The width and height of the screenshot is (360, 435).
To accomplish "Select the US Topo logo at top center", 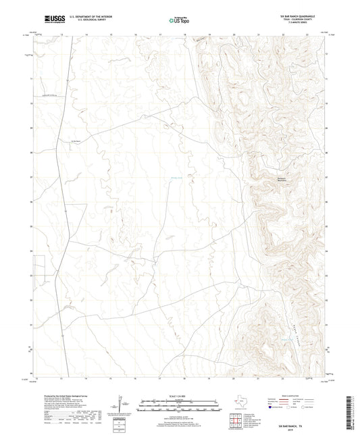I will pos(180,20).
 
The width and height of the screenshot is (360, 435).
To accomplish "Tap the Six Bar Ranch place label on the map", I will pos(80,140).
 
